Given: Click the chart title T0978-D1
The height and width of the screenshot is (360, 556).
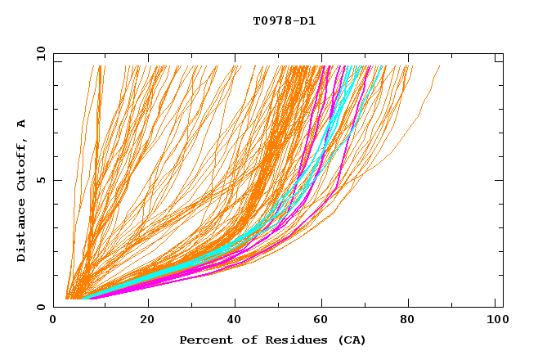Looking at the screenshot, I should coord(284,21).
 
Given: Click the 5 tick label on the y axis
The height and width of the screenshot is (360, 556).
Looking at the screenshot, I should coord(40,180).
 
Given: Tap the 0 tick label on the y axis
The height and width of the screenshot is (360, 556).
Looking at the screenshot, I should coord(40,307).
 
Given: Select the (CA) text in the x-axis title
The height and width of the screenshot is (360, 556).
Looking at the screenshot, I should coord(352,340).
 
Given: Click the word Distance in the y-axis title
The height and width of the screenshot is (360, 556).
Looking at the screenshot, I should coord(22,233).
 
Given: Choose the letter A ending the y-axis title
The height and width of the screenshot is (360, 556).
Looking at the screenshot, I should coord(22,124).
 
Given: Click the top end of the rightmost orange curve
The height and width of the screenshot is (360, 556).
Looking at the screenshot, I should coord(440,66).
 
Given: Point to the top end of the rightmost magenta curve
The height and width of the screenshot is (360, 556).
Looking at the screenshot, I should coord(370,66).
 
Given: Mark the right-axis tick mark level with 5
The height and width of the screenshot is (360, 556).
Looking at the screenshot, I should coord(500,180).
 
